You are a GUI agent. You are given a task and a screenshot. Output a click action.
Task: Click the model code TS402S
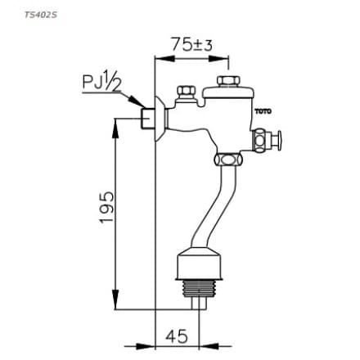click(x=34, y=14)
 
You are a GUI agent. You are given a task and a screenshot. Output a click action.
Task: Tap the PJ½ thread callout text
click(x=101, y=82)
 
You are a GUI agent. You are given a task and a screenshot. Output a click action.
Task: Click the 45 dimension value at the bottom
click(x=177, y=336)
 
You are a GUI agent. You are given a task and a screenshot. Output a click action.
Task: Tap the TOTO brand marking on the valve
click(x=263, y=110)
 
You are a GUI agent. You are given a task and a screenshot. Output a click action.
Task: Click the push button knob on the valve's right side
click(x=277, y=139)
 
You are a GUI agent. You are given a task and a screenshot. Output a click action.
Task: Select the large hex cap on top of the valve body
click(x=227, y=83)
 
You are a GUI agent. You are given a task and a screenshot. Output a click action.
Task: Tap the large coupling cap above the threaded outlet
click(x=199, y=266)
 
